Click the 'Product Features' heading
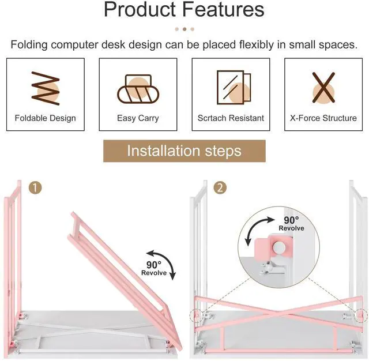click(184, 10)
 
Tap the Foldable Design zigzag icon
click(44, 88)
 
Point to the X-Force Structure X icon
click(323, 88)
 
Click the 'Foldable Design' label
click(45, 118)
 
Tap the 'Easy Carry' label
click(138, 118)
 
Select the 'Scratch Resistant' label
click(231, 118)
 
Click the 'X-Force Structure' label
click(323, 118)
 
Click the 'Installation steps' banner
click(184, 151)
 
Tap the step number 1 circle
click(36, 188)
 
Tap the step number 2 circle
click(220, 188)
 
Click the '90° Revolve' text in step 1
click(154, 269)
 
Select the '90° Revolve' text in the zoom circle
click(291, 224)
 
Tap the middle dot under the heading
click(184, 29)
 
